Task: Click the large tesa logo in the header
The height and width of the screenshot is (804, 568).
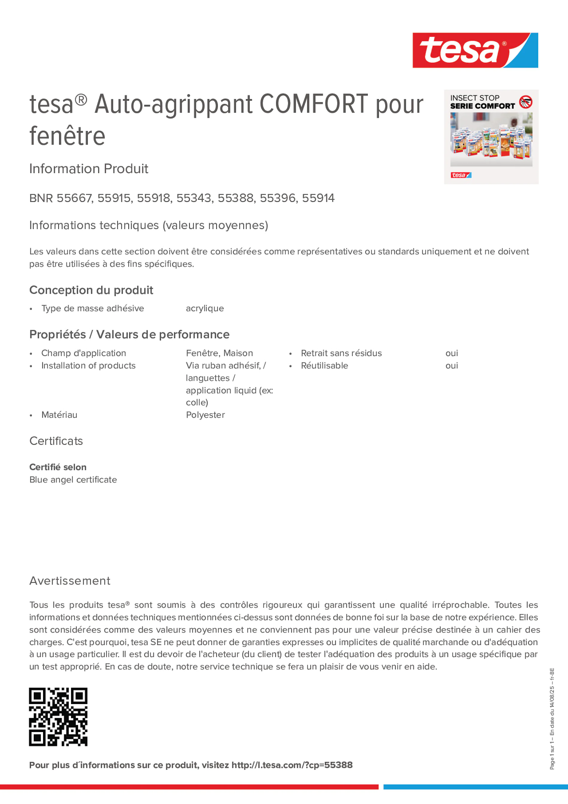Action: (475, 51)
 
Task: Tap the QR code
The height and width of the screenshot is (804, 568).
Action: (58, 716)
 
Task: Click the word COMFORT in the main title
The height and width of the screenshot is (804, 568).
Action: (314, 104)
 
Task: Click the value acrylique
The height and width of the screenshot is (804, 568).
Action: (205, 309)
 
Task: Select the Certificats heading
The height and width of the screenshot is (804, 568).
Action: (56, 441)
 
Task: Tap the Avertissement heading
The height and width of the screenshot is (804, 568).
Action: (70, 581)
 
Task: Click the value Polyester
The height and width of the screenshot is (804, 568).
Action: (205, 415)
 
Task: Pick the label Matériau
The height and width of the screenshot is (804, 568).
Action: (59, 415)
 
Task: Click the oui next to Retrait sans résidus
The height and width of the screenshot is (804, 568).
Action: (452, 353)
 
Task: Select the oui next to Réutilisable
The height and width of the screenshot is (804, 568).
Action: (452, 366)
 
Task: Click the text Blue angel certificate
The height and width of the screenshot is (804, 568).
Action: (73, 480)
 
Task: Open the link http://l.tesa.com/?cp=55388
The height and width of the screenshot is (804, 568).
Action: (292, 765)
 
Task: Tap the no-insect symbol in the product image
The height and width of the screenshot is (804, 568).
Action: (525, 102)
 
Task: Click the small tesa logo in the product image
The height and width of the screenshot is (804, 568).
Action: (461, 175)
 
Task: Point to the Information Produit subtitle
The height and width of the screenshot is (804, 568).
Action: (88, 169)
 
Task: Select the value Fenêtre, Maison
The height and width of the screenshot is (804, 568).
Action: (219, 353)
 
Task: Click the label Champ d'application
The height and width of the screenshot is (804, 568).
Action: (83, 353)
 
